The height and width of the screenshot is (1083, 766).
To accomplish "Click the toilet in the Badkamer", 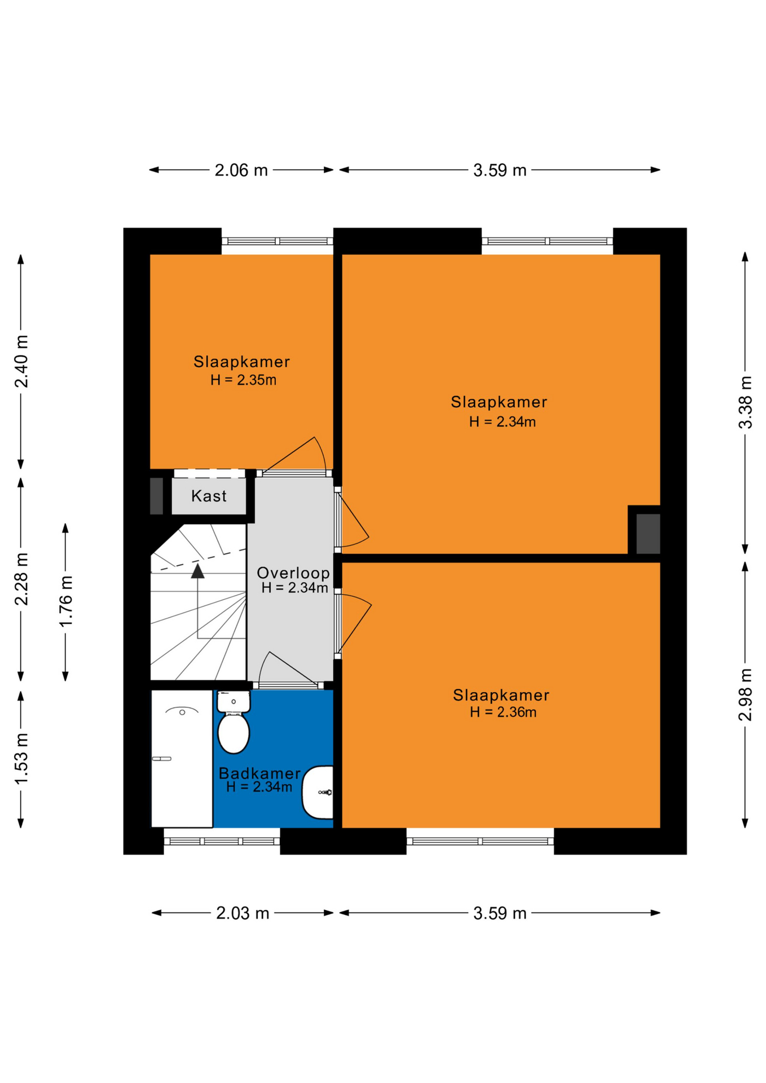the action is click(234, 723).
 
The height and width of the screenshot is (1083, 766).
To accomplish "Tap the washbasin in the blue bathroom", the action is click(318, 792).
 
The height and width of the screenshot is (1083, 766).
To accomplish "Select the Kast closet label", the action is click(209, 496).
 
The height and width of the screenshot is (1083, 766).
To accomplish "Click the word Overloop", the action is click(293, 573).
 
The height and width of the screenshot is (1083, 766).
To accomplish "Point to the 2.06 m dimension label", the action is click(241, 170).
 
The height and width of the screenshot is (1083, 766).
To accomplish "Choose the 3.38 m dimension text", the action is click(746, 402).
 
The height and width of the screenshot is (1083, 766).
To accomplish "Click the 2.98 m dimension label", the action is click(746, 694).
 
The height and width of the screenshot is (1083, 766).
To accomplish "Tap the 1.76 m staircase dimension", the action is click(66, 601).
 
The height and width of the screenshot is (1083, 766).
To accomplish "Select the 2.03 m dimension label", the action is click(243, 913).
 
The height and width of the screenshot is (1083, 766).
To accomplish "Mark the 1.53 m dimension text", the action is click(21, 759).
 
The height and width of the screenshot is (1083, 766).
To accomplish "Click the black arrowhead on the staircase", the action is click(197, 571).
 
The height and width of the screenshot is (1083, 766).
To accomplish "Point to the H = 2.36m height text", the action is click(503, 712).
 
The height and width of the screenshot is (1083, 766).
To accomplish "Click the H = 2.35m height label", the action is click(243, 380).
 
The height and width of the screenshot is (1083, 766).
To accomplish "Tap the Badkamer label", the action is click(259, 773).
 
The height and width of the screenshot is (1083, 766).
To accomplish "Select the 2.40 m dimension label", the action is click(21, 362).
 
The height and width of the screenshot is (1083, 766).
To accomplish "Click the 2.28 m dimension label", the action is click(21, 579).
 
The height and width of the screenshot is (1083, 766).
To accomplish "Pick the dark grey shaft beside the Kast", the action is click(157, 496).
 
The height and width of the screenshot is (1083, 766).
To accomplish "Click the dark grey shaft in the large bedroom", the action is click(648, 534).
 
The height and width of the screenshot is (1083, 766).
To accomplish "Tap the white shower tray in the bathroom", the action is click(182, 759).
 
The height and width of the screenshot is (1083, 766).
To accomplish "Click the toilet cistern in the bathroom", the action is click(234, 702).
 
